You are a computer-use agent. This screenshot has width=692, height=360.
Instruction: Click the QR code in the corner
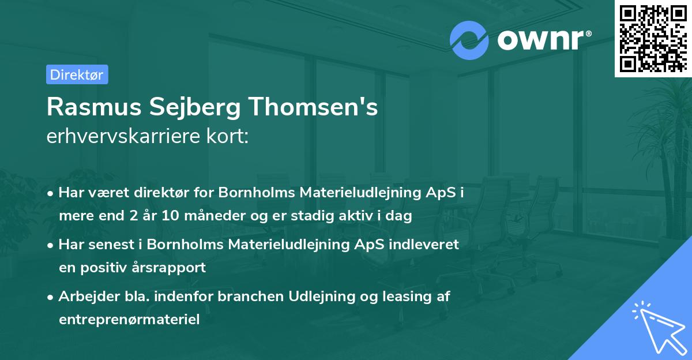[x=653, y=38]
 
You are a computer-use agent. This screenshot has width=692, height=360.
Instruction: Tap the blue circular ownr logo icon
[x=469, y=40]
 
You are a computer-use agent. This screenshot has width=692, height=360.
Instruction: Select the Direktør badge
[x=77, y=74]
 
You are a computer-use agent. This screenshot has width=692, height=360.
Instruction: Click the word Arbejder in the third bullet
[x=84, y=297]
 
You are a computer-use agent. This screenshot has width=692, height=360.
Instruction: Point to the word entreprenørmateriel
[x=129, y=320]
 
